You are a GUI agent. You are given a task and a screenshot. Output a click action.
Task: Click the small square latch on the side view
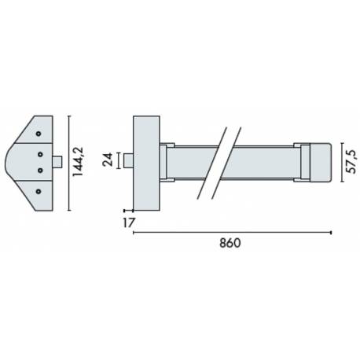(57, 162)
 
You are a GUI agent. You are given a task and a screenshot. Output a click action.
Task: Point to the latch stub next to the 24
(130, 163)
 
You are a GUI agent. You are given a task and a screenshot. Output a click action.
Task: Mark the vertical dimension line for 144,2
(70, 163)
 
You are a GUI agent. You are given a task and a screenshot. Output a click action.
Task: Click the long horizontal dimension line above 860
(232, 232)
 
